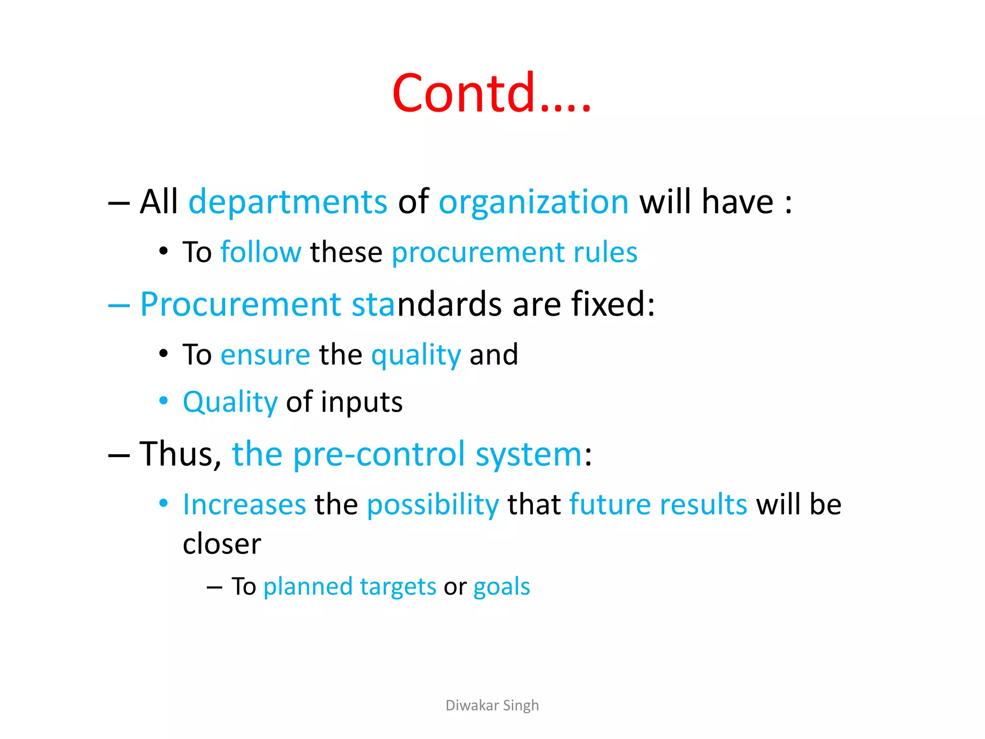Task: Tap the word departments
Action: pos(288,202)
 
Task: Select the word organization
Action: pos(533,203)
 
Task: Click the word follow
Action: pos(261,252)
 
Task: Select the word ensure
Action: pos(265,355)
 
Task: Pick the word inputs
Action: pos(362,402)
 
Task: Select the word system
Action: pos(529,455)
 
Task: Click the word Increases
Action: pos(244,505)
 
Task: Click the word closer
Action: pos(222,544)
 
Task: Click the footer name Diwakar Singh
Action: pos(492,705)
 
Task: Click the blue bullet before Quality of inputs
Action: pos(164,400)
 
